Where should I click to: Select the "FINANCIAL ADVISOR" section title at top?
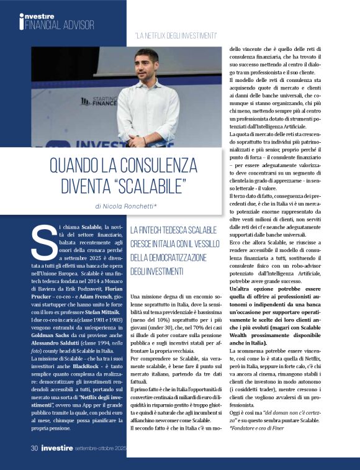tap(60, 25)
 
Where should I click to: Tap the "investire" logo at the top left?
tap(37, 16)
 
